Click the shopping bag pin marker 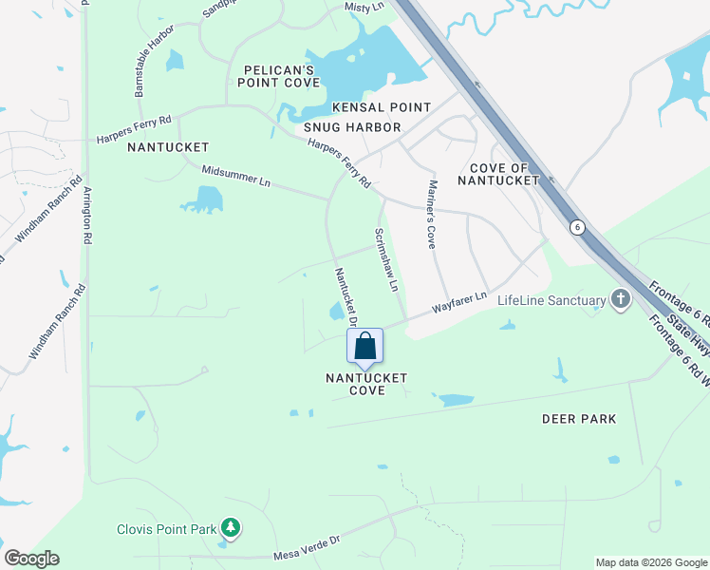pos(364,347)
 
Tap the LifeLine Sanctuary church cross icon pos(621,300)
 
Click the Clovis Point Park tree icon pos(229,527)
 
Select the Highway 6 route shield pos(576,227)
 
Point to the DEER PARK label pos(579,419)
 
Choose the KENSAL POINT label pos(381,108)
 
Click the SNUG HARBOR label pos(352,127)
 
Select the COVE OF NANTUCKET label pos(498,174)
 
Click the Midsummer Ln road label pos(236,176)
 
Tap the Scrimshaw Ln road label pos(384,258)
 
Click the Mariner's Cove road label pos(431,215)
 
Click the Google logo pos(31,559)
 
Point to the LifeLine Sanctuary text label pos(551,301)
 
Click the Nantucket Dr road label pos(345,297)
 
